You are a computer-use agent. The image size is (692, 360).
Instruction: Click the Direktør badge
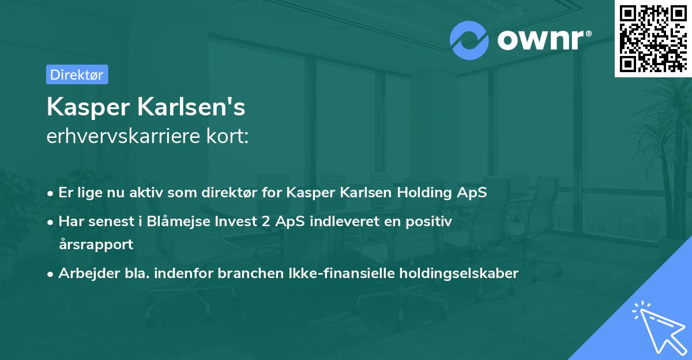point(77,74)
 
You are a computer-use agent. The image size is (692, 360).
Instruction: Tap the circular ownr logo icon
point(469,40)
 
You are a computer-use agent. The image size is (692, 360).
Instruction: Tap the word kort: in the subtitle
point(230,136)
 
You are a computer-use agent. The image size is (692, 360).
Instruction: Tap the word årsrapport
point(96,244)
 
